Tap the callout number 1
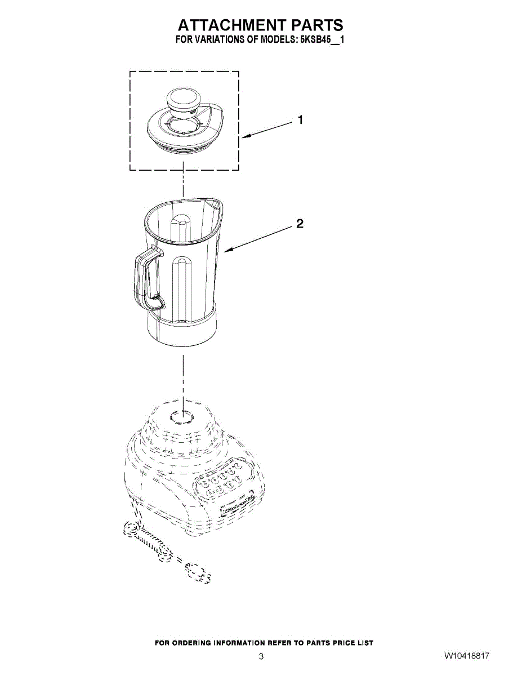point(300,120)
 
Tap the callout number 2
point(300,224)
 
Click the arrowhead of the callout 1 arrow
point(246,136)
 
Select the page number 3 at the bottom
point(261,656)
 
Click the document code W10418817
point(466,656)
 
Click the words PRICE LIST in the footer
point(355,643)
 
